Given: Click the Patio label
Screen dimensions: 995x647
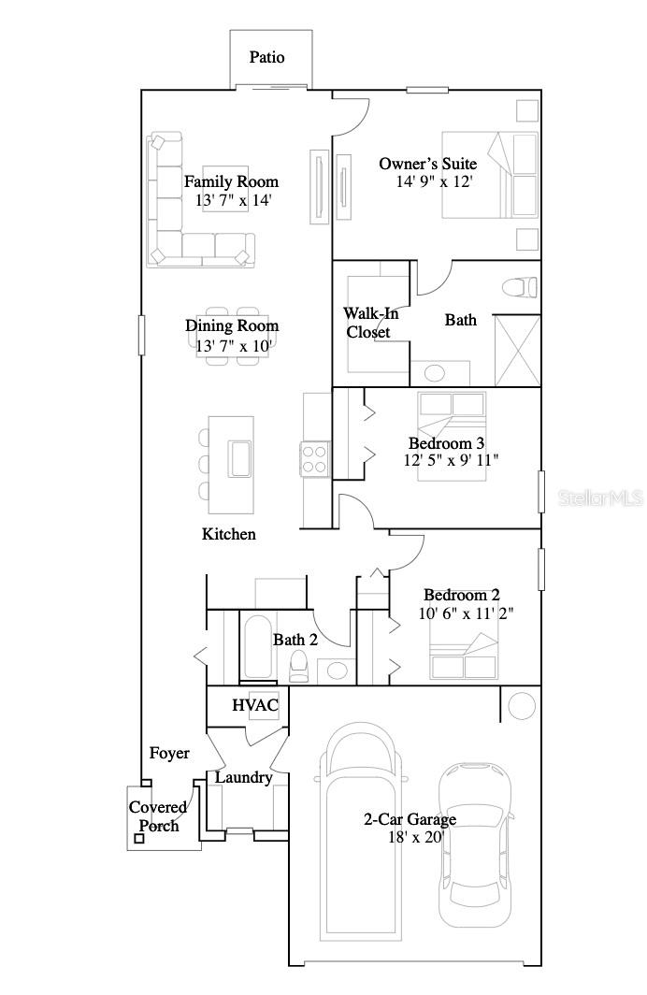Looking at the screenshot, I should (x=266, y=57).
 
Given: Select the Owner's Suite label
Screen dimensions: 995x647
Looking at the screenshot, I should (x=427, y=164).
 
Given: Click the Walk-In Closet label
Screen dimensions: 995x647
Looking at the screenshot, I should (x=367, y=323).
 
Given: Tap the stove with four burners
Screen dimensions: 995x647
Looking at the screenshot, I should (x=314, y=459).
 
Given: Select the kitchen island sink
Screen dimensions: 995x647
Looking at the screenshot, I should (x=238, y=458).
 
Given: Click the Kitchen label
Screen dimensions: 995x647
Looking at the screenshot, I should (x=229, y=534).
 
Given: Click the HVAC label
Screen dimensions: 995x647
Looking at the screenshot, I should (x=255, y=705).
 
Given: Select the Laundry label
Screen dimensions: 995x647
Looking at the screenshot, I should (x=244, y=777).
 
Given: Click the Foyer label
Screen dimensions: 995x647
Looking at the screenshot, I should (x=169, y=753).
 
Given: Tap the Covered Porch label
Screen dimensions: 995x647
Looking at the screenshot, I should (x=158, y=815).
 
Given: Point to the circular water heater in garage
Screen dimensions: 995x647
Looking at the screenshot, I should (x=521, y=704).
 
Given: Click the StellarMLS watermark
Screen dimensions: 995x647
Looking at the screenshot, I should (x=601, y=498).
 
